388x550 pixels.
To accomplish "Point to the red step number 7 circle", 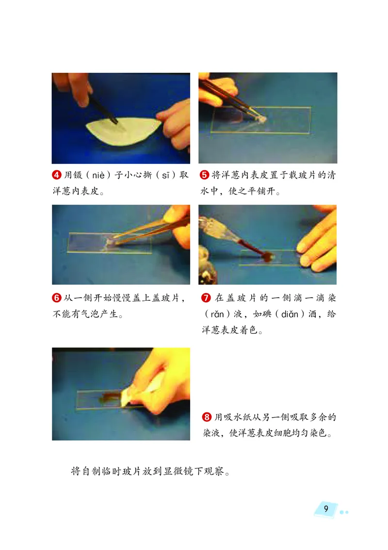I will click(205, 298).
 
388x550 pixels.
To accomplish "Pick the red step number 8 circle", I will click(206, 417).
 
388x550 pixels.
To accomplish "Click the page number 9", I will click(326, 509).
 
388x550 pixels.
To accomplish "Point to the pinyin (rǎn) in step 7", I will click(214, 314).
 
